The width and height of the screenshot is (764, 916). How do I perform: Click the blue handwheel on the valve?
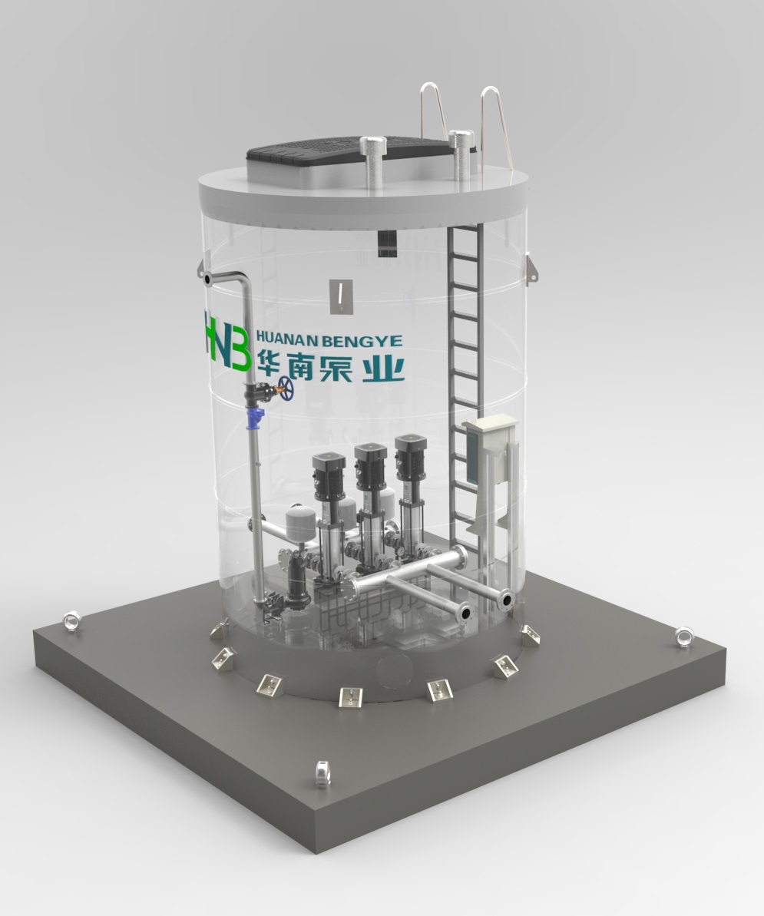point(286,389)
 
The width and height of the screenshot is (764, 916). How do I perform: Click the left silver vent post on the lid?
point(372,163)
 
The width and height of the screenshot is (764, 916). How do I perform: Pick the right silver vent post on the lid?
point(461,154)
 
